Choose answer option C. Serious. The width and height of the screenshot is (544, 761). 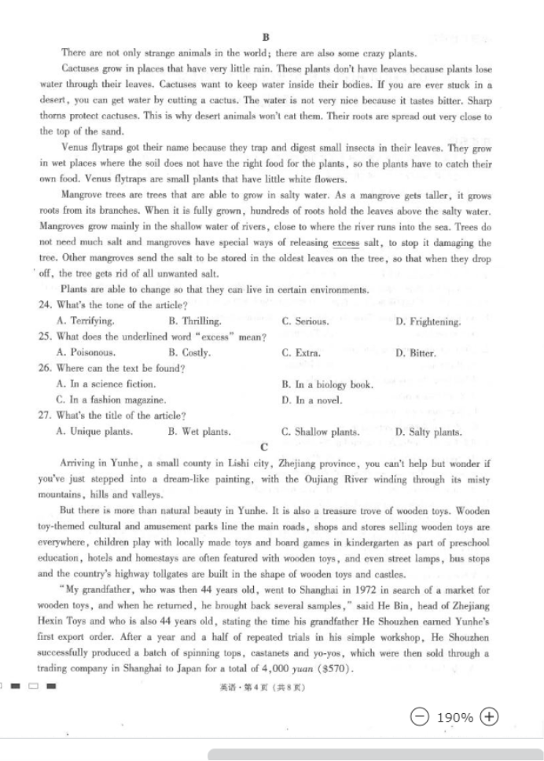305,322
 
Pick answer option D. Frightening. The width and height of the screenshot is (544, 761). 428,322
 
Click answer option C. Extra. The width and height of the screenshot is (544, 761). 300,353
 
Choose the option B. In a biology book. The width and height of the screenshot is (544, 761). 327,384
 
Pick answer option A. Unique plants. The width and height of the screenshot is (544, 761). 94,432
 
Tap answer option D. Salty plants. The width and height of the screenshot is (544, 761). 428,432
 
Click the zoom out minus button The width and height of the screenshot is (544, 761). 421,716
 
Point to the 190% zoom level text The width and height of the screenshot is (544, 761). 454,717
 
